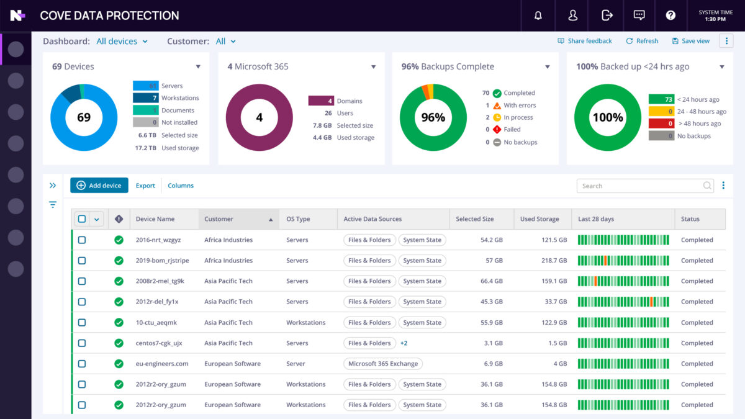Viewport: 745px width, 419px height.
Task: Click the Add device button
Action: click(x=99, y=185)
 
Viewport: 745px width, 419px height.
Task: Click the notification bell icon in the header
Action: click(x=538, y=16)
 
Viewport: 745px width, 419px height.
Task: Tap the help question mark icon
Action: click(x=670, y=16)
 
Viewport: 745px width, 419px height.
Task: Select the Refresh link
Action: click(x=642, y=41)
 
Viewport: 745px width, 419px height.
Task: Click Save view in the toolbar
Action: click(x=690, y=41)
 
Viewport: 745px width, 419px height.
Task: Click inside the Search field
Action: click(x=639, y=186)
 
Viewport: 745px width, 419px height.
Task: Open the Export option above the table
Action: click(x=145, y=186)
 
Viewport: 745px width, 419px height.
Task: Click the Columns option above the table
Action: click(x=181, y=186)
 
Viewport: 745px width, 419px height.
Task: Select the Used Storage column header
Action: click(x=540, y=219)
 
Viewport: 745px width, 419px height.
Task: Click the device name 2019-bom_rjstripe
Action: click(x=161, y=261)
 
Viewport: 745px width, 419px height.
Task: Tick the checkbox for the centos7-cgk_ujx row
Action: click(x=82, y=343)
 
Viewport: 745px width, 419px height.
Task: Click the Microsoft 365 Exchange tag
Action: click(x=383, y=364)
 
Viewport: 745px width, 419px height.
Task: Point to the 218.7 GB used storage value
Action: click(x=554, y=261)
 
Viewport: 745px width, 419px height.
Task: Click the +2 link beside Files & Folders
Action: click(x=404, y=343)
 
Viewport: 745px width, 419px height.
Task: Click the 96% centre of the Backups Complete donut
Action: click(x=433, y=117)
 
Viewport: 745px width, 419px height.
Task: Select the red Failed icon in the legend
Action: click(x=497, y=130)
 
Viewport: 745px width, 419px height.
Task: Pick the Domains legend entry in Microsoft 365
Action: click(x=350, y=101)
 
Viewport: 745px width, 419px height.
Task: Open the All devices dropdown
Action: click(x=122, y=42)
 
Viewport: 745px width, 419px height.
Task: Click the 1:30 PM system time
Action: click(x=715, y=19)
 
